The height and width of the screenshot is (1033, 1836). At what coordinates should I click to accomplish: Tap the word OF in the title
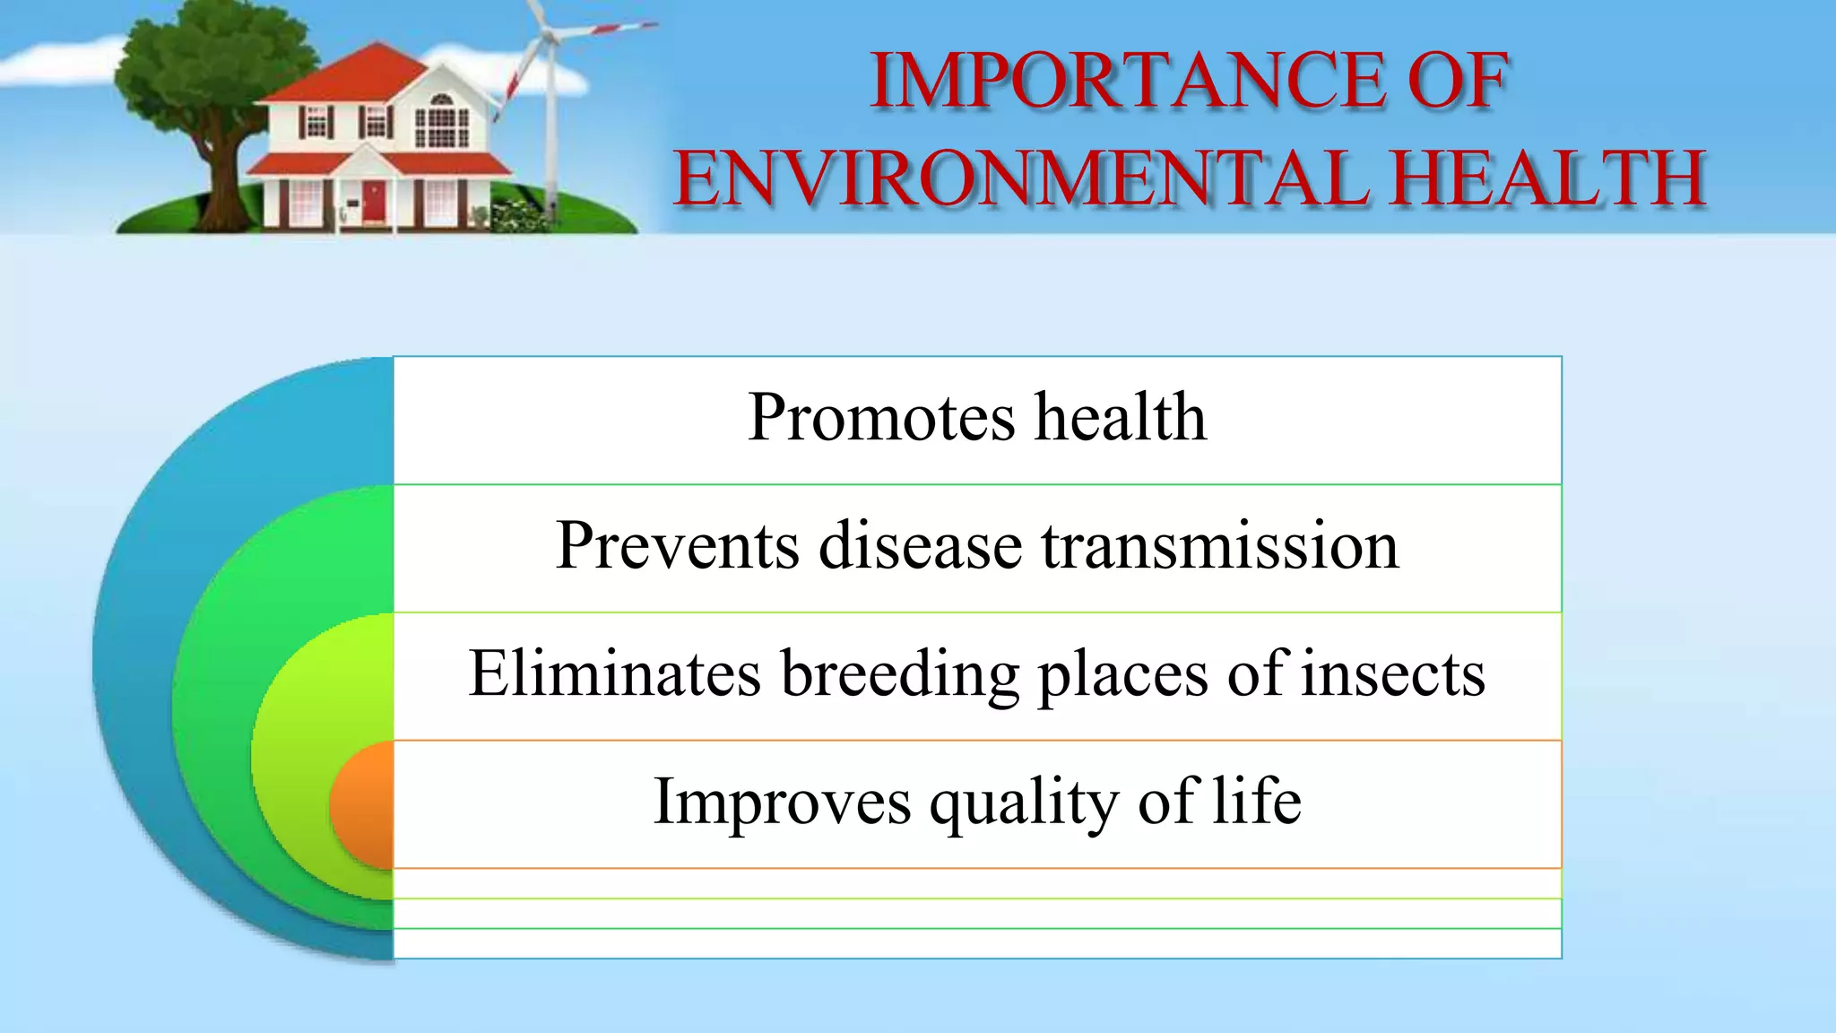(1459, 82)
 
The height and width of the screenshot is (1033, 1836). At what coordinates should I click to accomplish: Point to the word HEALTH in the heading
(1547, 178)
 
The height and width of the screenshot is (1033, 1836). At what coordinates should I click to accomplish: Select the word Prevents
(677, 545)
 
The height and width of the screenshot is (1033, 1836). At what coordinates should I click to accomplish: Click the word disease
(920, 545)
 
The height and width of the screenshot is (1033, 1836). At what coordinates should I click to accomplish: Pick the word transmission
(1219, 545)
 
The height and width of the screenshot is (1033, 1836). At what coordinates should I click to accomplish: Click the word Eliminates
(614, 673)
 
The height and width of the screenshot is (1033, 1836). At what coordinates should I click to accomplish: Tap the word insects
(1393, 673)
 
